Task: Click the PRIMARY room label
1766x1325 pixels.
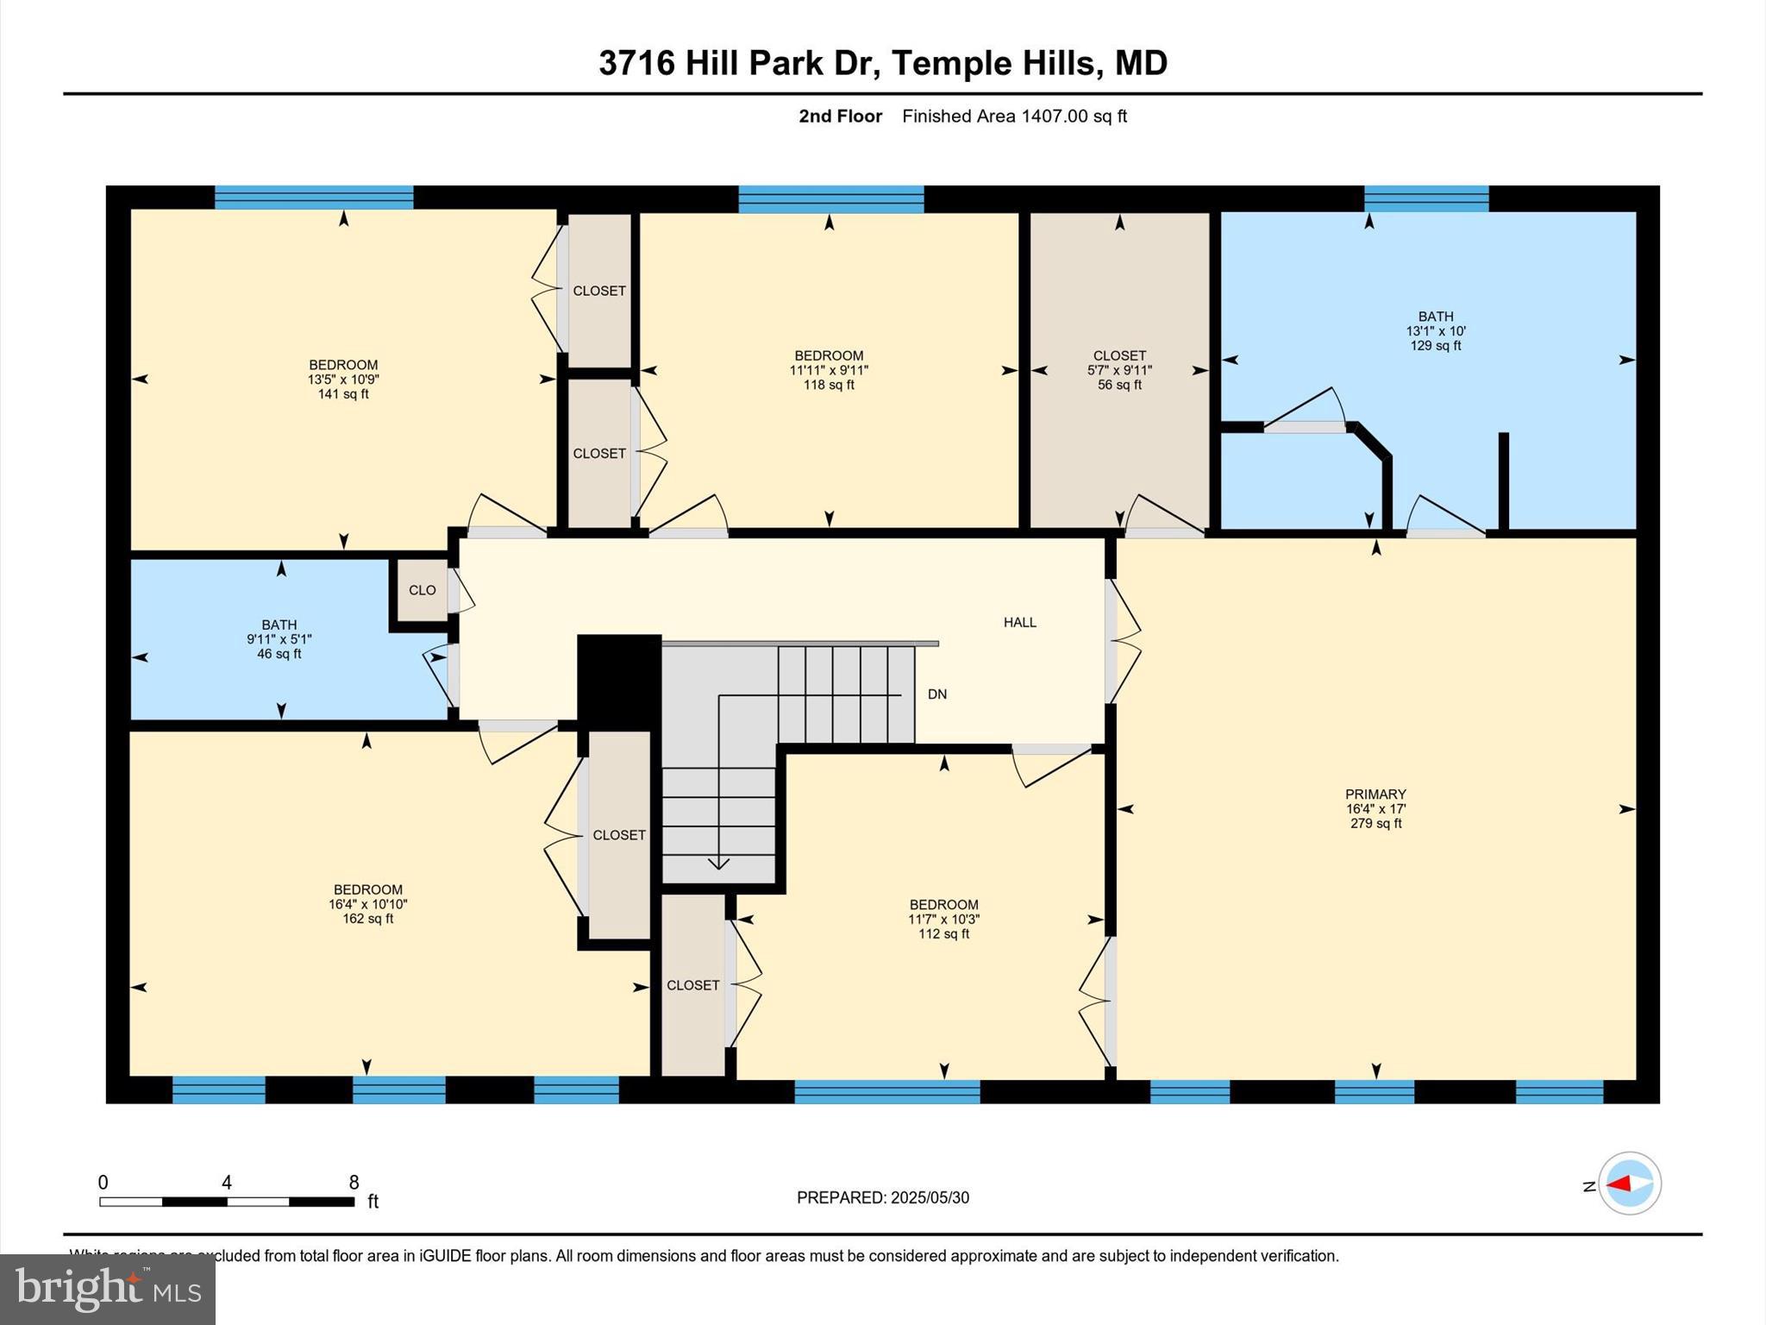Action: [x=1375, y=794]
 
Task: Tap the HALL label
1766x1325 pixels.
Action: [x=1019, y=622]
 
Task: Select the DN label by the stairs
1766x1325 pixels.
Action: [x=936, y=694]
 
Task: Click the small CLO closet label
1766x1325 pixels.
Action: [x=422, y=590]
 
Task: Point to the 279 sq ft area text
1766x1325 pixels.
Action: [x=1375, y=823]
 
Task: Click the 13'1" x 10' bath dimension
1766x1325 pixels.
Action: [x=1436, y=331]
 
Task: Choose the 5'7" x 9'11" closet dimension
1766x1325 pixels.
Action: [x=1119, y=370]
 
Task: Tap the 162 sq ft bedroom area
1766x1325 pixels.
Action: [x=367, y=919]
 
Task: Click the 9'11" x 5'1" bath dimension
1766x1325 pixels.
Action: [x=279, y=639]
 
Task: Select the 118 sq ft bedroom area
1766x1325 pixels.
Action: [x=829, y=385]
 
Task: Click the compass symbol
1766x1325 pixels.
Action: [x=1629, y=1184]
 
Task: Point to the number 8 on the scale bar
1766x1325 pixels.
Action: [x=354, y=1182]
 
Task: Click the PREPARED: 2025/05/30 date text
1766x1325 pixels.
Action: [x=882, y=1197]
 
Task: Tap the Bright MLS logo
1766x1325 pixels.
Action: [x=108, y=1289]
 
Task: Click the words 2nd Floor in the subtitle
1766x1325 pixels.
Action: [x=840, y=116]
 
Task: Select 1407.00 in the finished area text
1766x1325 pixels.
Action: [x=1055, y=116]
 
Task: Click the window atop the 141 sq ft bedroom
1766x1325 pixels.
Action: [x=314, y=198]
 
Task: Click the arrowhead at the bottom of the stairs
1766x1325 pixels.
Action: [x=718, y=863]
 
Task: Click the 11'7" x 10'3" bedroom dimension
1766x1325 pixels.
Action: [x=943, y=920]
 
